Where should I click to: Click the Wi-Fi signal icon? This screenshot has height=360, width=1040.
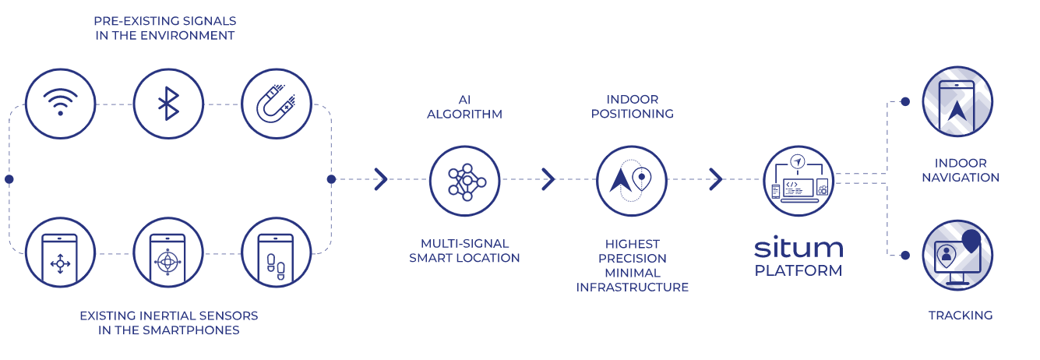click(x=60, y=103)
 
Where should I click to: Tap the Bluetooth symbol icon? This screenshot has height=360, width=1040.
click(x=168, y=103)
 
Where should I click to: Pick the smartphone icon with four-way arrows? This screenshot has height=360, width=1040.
click(x=60, y=254)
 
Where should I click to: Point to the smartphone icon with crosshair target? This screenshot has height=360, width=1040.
click(x=168, y=254)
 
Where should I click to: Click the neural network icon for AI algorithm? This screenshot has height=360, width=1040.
click(x=465, y=180)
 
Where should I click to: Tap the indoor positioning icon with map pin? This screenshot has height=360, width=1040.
click(x=632, y=180)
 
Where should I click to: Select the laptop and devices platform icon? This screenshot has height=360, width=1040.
click(x=799, y=180)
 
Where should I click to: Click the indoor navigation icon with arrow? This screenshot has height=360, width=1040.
click(x=957, y=102)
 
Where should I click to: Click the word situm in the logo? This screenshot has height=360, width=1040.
click(x=799, y=249)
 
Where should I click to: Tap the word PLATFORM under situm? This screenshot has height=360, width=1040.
click(x=799, y=271)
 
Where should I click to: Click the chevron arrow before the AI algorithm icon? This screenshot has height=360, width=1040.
click(x=381, y=179)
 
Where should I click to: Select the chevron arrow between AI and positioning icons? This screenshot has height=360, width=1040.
click(x=548, y=179)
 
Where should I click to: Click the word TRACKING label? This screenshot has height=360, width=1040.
click(x=961, y=316)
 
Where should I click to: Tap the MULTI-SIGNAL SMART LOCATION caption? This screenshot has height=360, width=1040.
click(x=464, y=251)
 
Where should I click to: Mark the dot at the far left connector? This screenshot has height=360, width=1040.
click(x=9, y=179)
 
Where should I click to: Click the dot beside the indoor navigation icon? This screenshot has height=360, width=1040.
click(x=905, y=101)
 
